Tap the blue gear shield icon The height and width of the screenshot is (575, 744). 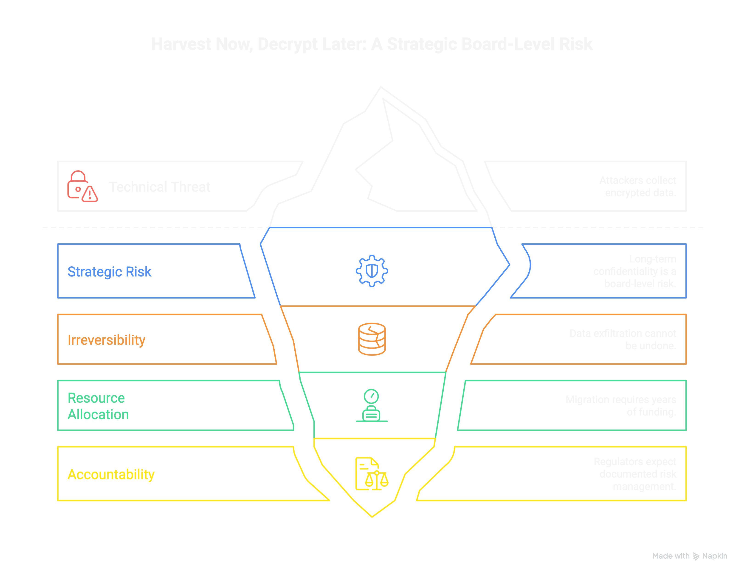tap(372, 271)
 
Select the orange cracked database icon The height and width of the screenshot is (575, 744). tap(372, 339)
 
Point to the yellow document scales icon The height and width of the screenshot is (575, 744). tap(372, 474)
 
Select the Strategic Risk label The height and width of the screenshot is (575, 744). tap(109, 272)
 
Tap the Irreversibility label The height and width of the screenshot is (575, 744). tap(107, 340)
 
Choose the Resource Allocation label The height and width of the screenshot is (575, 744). tap(98, 406)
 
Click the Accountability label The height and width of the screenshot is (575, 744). tap(111, 474)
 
